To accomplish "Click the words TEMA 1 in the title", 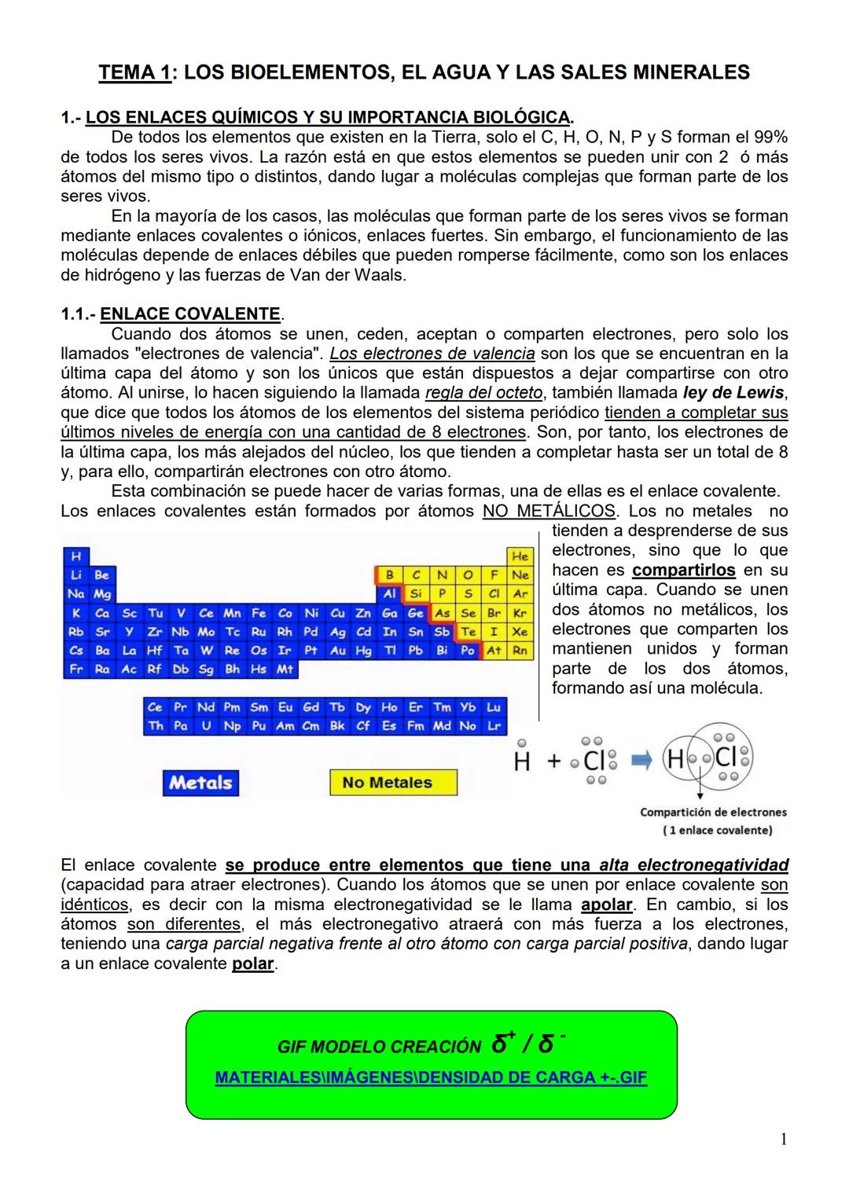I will pos(134,73).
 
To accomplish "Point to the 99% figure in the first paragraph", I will pos(770,138).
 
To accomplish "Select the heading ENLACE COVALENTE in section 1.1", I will pos(190,314).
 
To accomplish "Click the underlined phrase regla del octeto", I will pos(483,393).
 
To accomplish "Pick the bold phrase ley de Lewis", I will pos(733,393).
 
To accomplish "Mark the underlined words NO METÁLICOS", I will pos(549,511).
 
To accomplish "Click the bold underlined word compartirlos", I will pos(684,571).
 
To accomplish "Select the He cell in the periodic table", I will pos(520,556).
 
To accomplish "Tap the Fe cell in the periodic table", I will pos(259,613).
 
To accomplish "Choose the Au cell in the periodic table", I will pos(337,651).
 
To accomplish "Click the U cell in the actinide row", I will pos(206,726).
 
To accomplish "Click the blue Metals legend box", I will pos(200,783).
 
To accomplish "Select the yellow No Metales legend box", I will pos(393,783).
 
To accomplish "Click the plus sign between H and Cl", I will pos(554,761).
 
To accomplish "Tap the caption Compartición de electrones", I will pos(713,813).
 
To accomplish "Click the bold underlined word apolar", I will pos(607,905).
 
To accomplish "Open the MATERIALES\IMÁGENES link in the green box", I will pos(431,1077).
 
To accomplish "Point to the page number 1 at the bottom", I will pos(784,1139).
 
